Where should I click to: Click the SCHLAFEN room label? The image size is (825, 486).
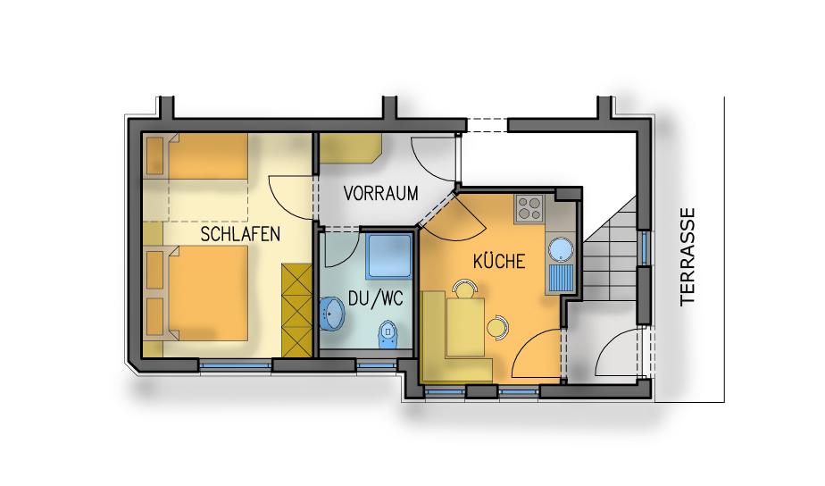pyautogui.click(x=240, y=234)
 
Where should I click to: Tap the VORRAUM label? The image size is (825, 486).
pyautogui.click(x=381, y=193)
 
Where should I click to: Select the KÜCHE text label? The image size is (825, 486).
pyautogui.click(x=499, y=261)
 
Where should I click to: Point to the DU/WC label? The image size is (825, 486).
pyautogui.click(x=376, y=298)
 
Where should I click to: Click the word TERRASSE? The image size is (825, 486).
pyautogui.click(x=687, y=256)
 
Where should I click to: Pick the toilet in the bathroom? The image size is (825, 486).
pyautogui.click(x=388, y=333)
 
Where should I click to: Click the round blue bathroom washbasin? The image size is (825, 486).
pyautogui.click(x=331, y=313)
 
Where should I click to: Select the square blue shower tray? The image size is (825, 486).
pyautogui.click(x=389, y=256)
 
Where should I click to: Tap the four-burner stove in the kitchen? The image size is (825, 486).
pyautogui.click(x=529, y=208)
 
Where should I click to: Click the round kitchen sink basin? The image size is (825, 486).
pyautogui.click(x=561, y=248)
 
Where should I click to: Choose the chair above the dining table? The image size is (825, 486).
pyautogui.click(x=464, y=289)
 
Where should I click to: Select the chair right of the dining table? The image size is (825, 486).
pyautogui.click(x=497, y=326)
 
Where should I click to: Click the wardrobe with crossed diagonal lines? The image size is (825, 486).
pyautogui.click(x=297, y=310)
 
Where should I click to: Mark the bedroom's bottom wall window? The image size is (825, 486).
pyautogui.click(x=235, y=364)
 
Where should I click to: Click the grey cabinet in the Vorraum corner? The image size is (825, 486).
pyautogui.click(x=350, y=148)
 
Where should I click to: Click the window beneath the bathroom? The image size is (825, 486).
pyautogui.click(x=377, y=364)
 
